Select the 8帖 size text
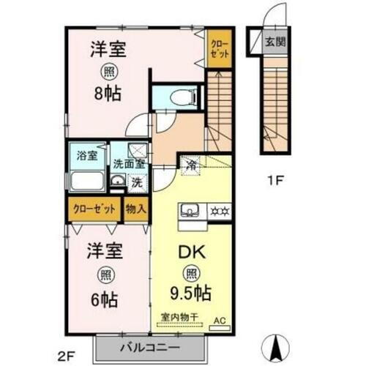point(107,94)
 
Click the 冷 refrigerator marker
point(190,164)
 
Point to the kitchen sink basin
point(190,211)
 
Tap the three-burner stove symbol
point(220,211)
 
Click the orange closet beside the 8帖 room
point(217,49)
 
